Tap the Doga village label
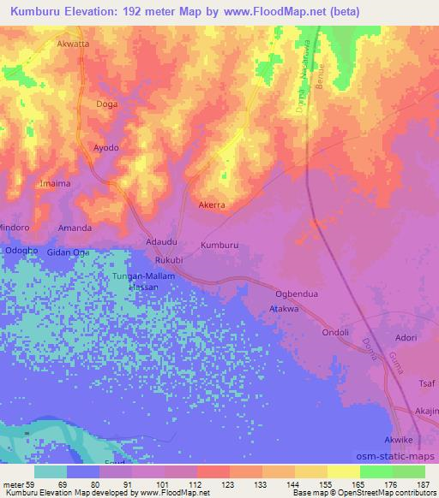coord(107,104)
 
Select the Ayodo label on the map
coord(105,147)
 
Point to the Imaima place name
coord(57,184)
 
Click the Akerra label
coord(211,206)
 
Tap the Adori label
coord(406,338)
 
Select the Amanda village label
coord(75,228)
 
